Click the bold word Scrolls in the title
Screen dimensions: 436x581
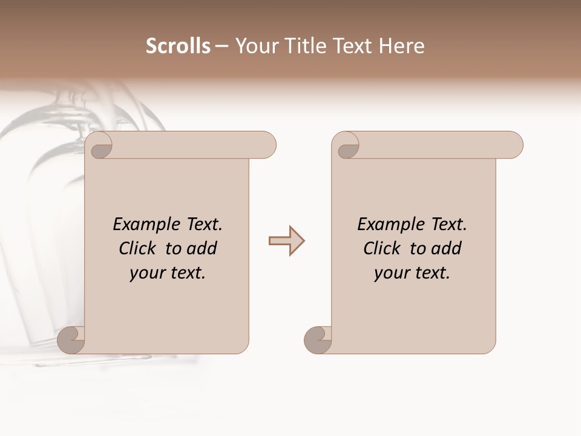[x=178, y=46]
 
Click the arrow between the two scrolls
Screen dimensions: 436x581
[x=286, y=241]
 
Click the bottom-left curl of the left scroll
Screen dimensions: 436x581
[x=71, y=340]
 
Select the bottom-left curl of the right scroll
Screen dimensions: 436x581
[x=318, y=340]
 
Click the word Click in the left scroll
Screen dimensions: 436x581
[x=138, y=249]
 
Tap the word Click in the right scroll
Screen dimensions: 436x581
[x=382, y=249]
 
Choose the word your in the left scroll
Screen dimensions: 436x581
[x=146, y=273]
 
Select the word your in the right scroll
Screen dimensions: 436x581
[x=391, y=273]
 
